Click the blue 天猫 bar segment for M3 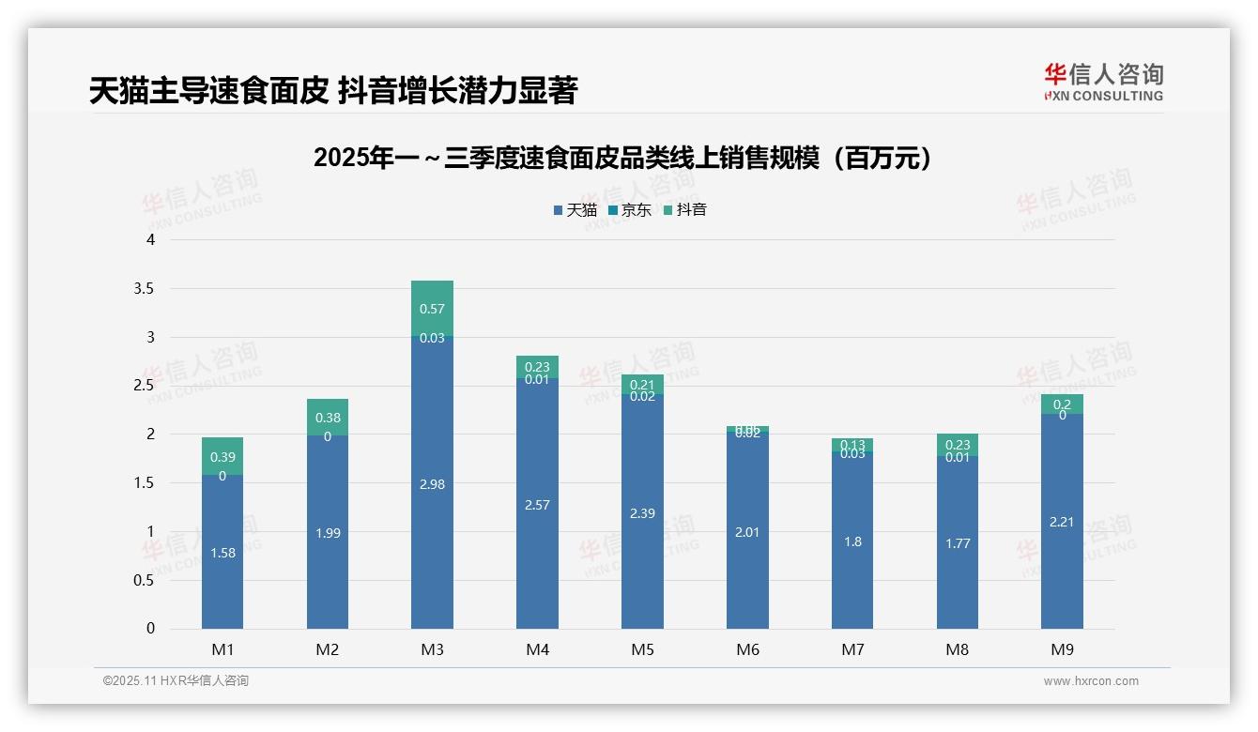[432, 526]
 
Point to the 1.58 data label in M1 [222, 553]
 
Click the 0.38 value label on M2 [328, 418]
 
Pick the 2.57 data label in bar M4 [537, 505]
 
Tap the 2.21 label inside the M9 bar [1062, 522]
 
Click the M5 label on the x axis [642, 649]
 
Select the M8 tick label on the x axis [958, 649]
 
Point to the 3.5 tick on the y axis [144, 288]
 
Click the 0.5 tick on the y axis [144, 580]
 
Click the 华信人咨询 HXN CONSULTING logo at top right [1103, 83]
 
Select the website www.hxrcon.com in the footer [1091, 681]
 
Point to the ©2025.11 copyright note [176, 681]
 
